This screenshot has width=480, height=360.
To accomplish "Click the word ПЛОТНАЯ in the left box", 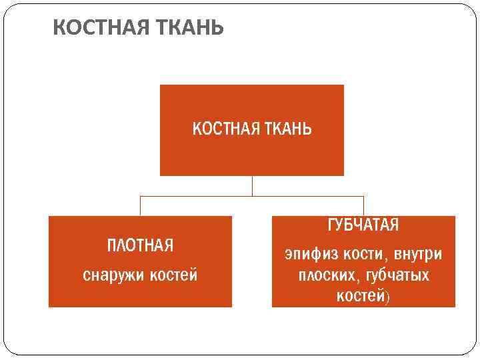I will [140, 246].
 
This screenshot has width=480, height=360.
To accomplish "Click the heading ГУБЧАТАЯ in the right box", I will [363, 225].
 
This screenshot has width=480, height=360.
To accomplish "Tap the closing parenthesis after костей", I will [387, 296].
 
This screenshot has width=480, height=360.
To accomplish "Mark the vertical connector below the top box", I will [252, 186].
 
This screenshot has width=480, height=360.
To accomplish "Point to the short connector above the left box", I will [140, 205].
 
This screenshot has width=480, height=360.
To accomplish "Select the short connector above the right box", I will [363, 205].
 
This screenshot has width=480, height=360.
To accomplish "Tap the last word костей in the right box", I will [360, 295].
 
